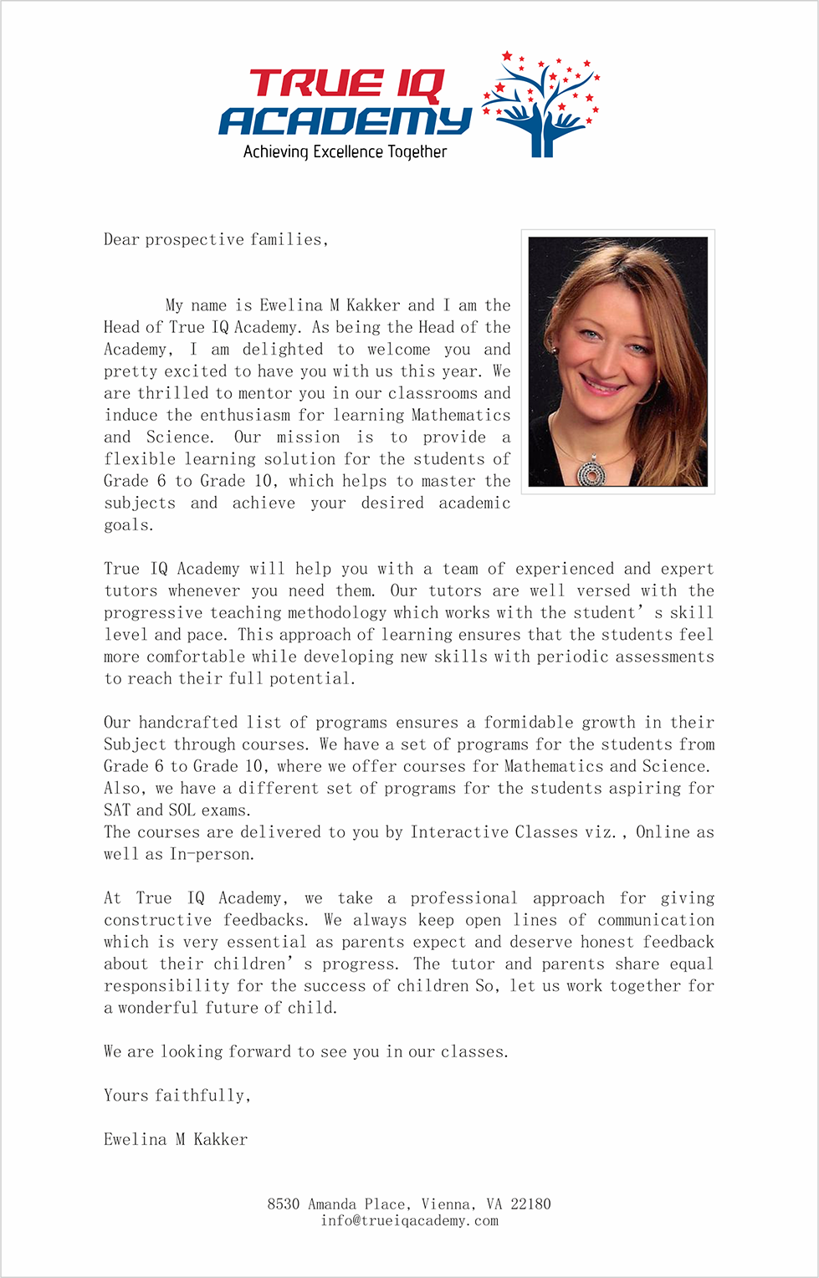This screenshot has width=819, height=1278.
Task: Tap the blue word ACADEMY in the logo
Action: [345, 121]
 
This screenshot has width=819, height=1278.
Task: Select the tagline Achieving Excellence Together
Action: [345, 152]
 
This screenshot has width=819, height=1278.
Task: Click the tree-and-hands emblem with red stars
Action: [542, 105]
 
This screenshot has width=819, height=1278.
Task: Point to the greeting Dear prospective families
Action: [215, 240]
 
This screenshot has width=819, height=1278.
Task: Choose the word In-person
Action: [212, 854]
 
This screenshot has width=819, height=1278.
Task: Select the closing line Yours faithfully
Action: [177, 1096]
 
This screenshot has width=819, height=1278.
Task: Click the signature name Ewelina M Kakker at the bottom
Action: [176, 1139]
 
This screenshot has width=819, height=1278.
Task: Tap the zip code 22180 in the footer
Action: [530, 1204]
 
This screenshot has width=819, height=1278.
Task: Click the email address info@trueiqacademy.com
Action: [409, 1221]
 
